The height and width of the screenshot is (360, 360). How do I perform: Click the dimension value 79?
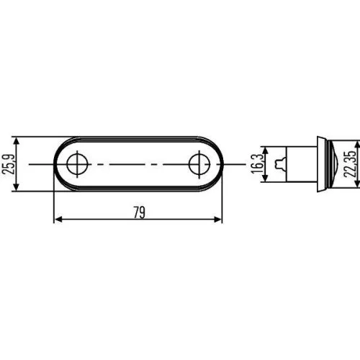point(138,212)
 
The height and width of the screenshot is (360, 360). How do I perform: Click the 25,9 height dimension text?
point(9,164)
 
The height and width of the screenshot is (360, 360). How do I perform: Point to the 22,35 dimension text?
point(349,164)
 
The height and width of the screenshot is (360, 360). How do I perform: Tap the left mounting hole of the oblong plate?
point(75,164)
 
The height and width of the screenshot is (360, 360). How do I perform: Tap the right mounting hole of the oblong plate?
point(198,164)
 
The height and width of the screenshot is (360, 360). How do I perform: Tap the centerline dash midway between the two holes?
point(137,164)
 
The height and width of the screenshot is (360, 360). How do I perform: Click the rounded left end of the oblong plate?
point(58,164)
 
